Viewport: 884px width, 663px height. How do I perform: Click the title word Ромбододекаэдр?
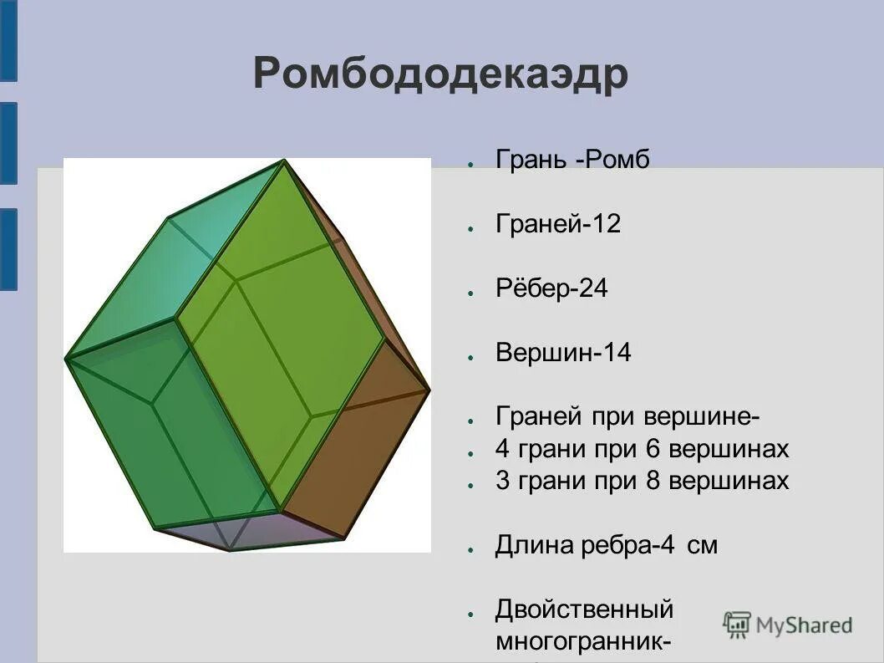(x=440, y=74)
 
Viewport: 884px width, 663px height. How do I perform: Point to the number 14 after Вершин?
(x=617, y=353)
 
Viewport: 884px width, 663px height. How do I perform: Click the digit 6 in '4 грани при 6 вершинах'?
(x=653, y=449)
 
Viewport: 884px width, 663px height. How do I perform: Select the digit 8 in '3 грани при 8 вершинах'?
(x=653, y=481)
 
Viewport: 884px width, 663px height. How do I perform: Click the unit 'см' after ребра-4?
(x=703, y=546)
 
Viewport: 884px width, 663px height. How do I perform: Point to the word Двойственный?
(x=584, y=609)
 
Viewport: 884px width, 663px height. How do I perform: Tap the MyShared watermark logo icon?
(x=737, y=624)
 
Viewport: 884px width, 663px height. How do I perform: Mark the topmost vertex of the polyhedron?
(x=284, y=161)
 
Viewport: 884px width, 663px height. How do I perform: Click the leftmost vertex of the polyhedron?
(x=66, y=359)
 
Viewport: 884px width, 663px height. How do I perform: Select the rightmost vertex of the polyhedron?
(x=429, y=390)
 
